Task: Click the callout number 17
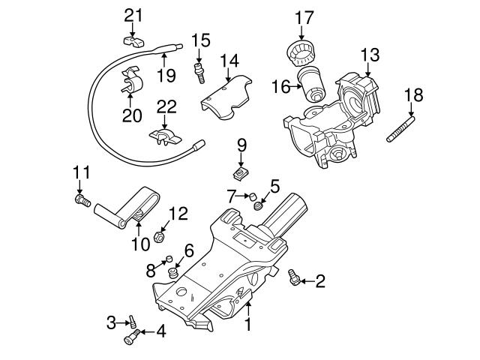point(304,16)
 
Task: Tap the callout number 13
point(370,55)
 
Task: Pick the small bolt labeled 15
point(200,72)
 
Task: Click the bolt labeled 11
point(82,200)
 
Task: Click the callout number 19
point(166,75)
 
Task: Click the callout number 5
point(274,185)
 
